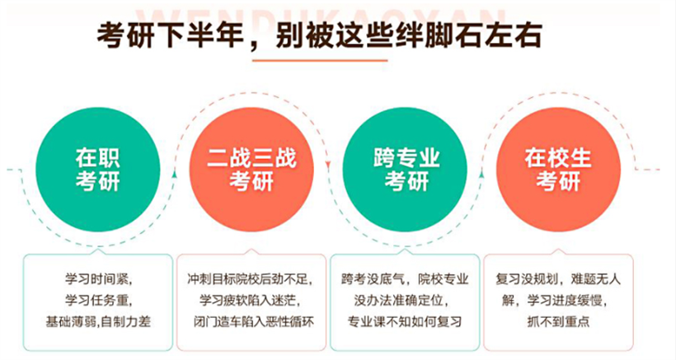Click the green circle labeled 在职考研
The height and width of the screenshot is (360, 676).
[98, 170]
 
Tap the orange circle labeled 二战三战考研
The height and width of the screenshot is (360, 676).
[251, 170]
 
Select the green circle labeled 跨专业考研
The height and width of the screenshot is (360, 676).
[405, 170]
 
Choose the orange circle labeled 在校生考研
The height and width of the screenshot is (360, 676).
[558, 170]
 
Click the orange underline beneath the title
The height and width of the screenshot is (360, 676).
[320, 60]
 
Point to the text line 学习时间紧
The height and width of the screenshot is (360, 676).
[98, 278]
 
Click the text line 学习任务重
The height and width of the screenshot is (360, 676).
[98, 300]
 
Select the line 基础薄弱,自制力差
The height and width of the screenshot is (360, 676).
[98, 321]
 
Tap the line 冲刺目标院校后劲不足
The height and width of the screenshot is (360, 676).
[250, 278]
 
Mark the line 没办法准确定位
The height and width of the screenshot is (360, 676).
[401, 300]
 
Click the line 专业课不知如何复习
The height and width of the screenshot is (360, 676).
[405, 321]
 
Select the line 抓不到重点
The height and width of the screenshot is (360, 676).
[558, 321]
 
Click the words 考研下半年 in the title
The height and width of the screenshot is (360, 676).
[171, 35]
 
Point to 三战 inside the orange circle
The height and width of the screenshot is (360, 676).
[274, 158]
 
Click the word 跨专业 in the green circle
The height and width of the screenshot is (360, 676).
[406, 158]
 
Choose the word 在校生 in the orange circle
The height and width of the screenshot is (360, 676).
[558, 158]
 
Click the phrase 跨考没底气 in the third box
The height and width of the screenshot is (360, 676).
[373, 278]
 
